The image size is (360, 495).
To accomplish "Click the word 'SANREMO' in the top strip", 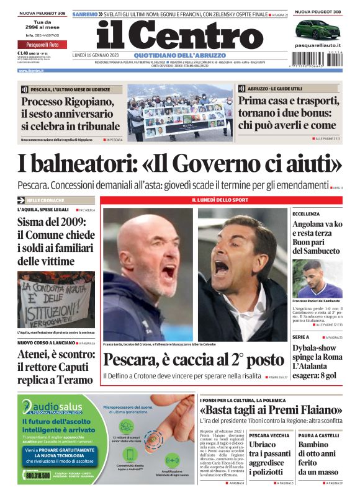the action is (84, 14).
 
